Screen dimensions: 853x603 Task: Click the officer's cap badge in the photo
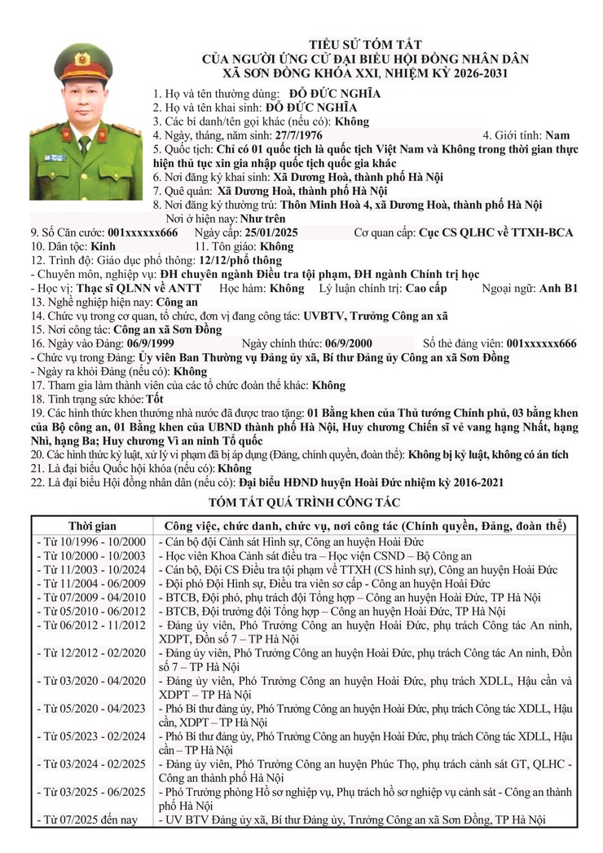82,59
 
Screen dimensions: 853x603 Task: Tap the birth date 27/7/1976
300,135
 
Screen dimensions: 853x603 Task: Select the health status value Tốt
154,400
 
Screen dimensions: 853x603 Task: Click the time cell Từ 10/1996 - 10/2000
91,541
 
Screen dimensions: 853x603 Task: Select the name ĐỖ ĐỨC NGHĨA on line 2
322,107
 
